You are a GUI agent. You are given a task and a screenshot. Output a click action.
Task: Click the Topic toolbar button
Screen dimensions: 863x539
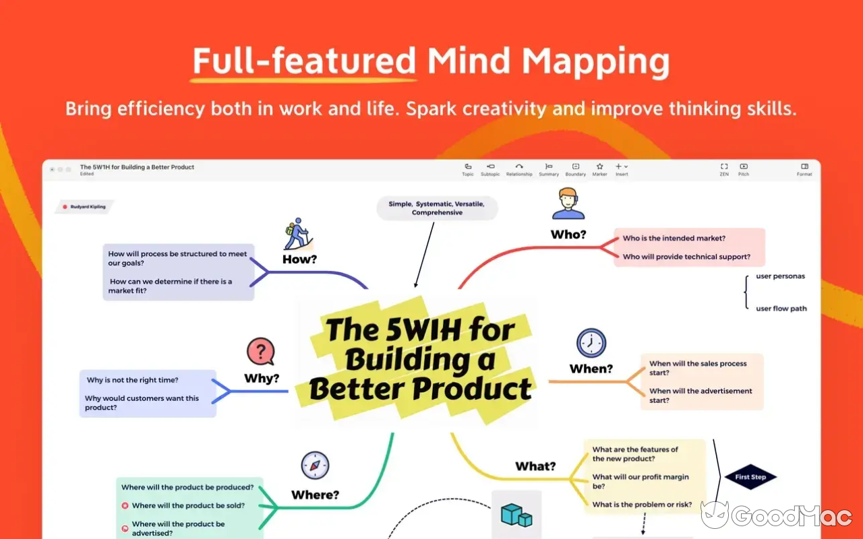pos(468,169)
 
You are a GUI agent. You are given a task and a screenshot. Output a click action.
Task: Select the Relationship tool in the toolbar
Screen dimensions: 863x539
pos(519,169)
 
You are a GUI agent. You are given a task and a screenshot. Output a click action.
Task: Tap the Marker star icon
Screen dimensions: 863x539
pos(599,166)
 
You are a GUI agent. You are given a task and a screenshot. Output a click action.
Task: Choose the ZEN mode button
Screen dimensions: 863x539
pos(724,169)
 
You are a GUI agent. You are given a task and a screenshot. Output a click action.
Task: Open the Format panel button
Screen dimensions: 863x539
pos(804,169)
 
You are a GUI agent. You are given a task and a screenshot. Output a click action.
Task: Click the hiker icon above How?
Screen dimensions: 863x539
pos(298,234)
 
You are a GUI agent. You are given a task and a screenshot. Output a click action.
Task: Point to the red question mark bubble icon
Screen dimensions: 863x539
pos(261,351)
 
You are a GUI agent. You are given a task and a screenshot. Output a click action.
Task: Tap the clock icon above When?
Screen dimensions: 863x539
pos(591,343)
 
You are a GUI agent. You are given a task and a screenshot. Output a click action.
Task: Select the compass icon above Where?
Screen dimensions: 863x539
pos(315,465)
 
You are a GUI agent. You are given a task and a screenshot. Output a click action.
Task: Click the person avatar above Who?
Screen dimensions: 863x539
pos(568,203)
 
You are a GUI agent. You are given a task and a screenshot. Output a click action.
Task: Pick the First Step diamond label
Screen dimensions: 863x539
pos(750,476)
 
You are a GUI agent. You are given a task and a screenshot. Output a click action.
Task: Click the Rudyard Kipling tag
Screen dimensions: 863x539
pos(85,207)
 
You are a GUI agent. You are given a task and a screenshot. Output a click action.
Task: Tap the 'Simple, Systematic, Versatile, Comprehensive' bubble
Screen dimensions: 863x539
pos(437,208)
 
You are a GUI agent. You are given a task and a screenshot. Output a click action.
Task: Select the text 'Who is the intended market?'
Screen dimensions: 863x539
pos(674,239)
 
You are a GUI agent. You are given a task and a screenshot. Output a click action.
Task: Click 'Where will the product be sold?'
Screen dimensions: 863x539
pos(188,505)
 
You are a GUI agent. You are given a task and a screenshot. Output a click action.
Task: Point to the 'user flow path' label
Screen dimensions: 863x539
pos(781,309)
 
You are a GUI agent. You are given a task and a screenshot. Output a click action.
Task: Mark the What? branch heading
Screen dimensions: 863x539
pos(535,466)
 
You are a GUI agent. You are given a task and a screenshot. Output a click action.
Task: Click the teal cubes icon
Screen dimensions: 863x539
pos(516,515)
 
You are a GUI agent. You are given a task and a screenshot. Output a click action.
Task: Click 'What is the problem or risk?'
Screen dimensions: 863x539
pos(642,505)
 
